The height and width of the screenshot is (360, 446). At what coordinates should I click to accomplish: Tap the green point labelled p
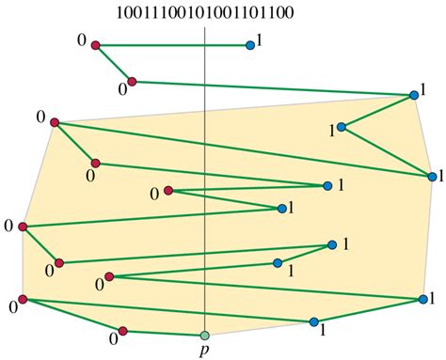coord(204,334)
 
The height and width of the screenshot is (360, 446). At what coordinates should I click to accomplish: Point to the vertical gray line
coord(205,188)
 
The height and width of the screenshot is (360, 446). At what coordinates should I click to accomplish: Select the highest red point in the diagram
coord(96,44)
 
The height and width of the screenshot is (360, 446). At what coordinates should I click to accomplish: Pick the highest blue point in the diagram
coord(249,44)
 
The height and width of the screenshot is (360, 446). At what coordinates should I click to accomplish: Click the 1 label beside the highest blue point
coord(261,43)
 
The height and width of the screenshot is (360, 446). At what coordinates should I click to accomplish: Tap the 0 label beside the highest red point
coord(84,39)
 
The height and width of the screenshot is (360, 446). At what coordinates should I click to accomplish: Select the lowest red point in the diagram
coord(123,330)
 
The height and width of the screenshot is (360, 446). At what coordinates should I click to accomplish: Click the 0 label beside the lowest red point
coord(112,337)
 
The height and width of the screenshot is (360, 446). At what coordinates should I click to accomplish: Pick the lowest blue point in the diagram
coord(313,321)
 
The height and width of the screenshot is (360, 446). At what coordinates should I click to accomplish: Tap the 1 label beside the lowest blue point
coord(323,331)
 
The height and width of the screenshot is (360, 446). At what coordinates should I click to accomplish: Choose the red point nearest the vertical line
coord(168,191)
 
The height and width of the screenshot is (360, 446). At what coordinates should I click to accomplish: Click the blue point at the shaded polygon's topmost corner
coord(414,95)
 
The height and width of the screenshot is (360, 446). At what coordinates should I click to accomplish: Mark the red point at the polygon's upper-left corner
coord(55,122)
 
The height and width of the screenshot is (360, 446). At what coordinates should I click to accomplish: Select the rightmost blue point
coord(430,175)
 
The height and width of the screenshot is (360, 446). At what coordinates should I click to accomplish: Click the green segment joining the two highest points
coord(172,44)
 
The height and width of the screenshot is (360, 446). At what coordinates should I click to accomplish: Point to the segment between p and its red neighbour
coord(165,332)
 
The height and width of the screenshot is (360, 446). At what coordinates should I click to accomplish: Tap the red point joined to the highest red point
coord(132,82)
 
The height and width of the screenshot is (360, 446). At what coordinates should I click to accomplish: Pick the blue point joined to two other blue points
coord(342,127)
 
